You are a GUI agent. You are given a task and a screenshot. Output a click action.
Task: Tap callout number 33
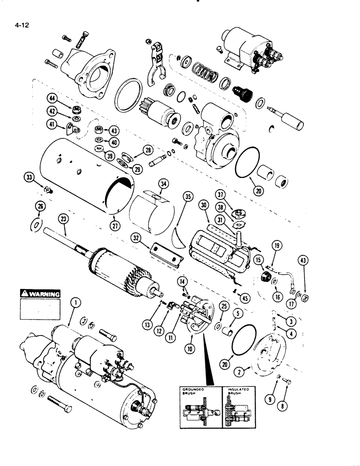tap(30, 178)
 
